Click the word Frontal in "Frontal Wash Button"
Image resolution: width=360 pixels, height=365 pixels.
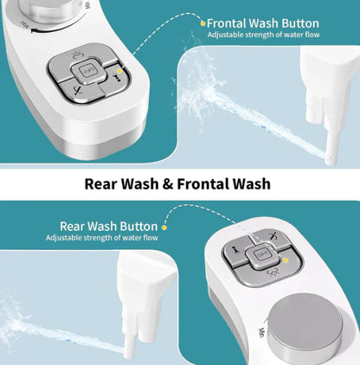(227, 23)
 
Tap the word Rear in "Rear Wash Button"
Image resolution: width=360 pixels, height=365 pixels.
(72, 227)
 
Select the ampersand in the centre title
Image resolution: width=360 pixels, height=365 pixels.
(168, 184)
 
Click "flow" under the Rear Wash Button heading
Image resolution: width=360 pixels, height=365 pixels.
(152, 238)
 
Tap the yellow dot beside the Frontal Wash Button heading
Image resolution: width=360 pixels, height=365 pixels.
(203, 23)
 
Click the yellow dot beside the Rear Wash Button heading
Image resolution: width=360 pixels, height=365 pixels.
(164, 227)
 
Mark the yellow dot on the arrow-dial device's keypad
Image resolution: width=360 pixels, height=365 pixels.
(119, 71)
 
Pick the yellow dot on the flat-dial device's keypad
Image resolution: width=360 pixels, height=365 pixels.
(286, 260)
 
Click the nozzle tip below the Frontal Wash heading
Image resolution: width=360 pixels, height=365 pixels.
(331, 159)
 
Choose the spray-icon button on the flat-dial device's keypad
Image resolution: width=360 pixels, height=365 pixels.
(272, 272)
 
